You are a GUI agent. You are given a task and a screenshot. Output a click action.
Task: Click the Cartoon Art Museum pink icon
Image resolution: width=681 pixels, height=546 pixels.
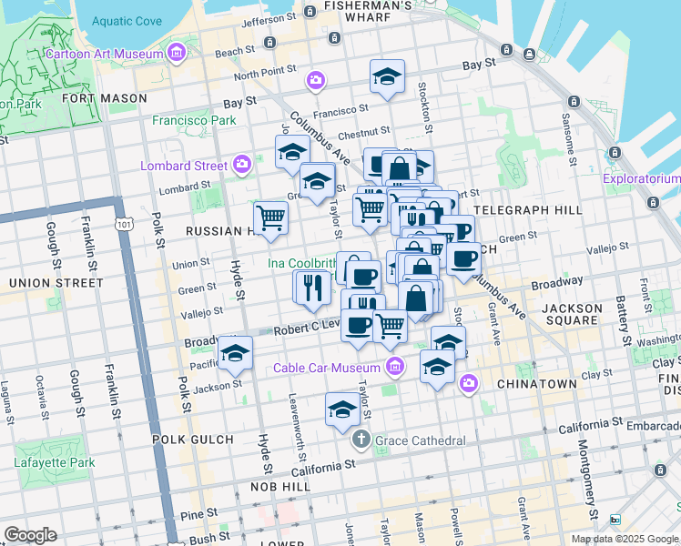pos(175,55)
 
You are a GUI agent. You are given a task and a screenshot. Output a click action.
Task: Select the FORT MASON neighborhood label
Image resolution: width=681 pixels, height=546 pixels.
pos(105,97)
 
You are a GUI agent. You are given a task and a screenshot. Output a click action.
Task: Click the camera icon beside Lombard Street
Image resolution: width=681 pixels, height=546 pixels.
pos(242,165)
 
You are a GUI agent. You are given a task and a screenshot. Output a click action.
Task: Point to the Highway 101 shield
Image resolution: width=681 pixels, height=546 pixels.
pos(124,223)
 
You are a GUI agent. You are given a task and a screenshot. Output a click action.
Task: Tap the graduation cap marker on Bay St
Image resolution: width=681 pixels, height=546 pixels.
pos(387,78)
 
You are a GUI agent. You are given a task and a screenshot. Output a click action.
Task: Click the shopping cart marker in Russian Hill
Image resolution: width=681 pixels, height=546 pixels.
pos(270,219)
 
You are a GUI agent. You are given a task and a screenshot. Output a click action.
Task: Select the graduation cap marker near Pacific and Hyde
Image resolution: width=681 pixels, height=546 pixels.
pos(235,353)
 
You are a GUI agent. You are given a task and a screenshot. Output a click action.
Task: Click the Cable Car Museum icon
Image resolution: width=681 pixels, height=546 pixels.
pos(394,368)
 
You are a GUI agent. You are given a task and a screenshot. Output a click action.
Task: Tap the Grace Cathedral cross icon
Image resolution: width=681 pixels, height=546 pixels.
pos(361,440)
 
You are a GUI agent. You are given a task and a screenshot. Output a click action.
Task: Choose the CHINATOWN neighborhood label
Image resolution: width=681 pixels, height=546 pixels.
pos(537,384)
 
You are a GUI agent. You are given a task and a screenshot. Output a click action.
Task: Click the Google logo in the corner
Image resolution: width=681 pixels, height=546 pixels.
pos(30,535)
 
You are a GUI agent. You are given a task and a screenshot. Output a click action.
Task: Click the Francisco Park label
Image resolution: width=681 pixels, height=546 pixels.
pos(194,120)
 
